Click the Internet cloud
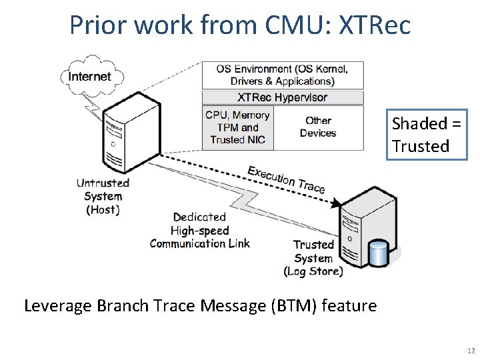(92, 76)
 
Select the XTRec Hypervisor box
(283, 97)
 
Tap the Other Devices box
(319, 127)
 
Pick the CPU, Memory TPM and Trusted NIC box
(238, 127)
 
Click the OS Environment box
(283, 75)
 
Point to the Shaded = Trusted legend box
(427, 135)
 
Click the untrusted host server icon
(131, 133)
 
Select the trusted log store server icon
(368, 227)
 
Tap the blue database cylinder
(379, 253)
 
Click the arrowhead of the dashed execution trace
(336, 203)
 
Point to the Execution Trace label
(286, 180)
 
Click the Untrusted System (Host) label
(103, 196)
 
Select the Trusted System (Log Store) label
(313, 258)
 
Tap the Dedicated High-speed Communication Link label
(199, 230)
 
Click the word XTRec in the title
(375, 25)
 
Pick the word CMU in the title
(295, 25)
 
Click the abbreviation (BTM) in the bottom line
(294, 306)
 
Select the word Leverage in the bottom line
(58, 306)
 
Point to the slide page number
(471, 351)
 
